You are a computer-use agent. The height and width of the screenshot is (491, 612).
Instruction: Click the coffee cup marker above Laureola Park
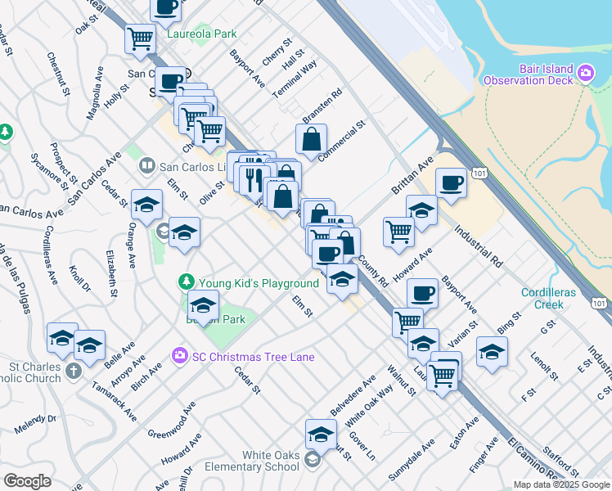[x=165, y=8]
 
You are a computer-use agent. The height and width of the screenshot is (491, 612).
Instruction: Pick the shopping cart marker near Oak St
[x=140, y=38]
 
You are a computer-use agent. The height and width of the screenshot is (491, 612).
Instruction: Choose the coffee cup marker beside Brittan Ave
[x=451, y=182]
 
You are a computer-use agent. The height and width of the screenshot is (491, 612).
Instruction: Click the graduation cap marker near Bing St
[x=492, y=352]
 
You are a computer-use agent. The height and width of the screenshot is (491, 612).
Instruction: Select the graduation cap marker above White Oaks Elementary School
[x=321, y=433]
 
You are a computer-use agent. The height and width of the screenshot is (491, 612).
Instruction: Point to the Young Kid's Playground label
[x=257, y=282]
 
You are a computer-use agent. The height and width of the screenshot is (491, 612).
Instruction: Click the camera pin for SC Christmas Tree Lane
[x=178, y=356]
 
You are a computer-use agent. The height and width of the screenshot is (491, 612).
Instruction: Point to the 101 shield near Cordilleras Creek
[x=600, y=304]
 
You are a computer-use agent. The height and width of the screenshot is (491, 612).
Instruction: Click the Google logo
[x=27, y=481]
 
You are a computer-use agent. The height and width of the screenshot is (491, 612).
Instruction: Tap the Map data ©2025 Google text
[x=561, y=484]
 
